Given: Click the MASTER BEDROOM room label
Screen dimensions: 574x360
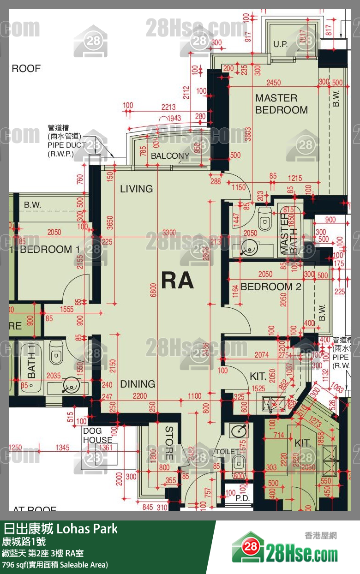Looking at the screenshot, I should click(281, 104).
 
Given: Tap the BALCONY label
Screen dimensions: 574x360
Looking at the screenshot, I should click(170, 156).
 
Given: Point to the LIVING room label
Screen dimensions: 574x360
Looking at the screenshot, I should click(136, 189).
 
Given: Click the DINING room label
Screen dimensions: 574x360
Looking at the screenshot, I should click(138, 384).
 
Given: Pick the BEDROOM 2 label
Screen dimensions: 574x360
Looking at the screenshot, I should click(270, 287).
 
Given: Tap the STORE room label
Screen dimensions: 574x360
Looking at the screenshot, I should click(169, 443).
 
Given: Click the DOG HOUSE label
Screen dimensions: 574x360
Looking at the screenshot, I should click(97, 436).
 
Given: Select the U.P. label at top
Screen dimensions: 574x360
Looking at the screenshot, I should click(280, 45).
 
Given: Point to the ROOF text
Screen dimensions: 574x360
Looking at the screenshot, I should click(26, 69).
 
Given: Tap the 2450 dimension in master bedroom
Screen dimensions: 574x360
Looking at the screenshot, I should click(274, 83).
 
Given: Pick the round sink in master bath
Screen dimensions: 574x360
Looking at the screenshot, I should click(248, 249).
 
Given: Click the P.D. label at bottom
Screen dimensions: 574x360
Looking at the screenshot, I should click(242, 498).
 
